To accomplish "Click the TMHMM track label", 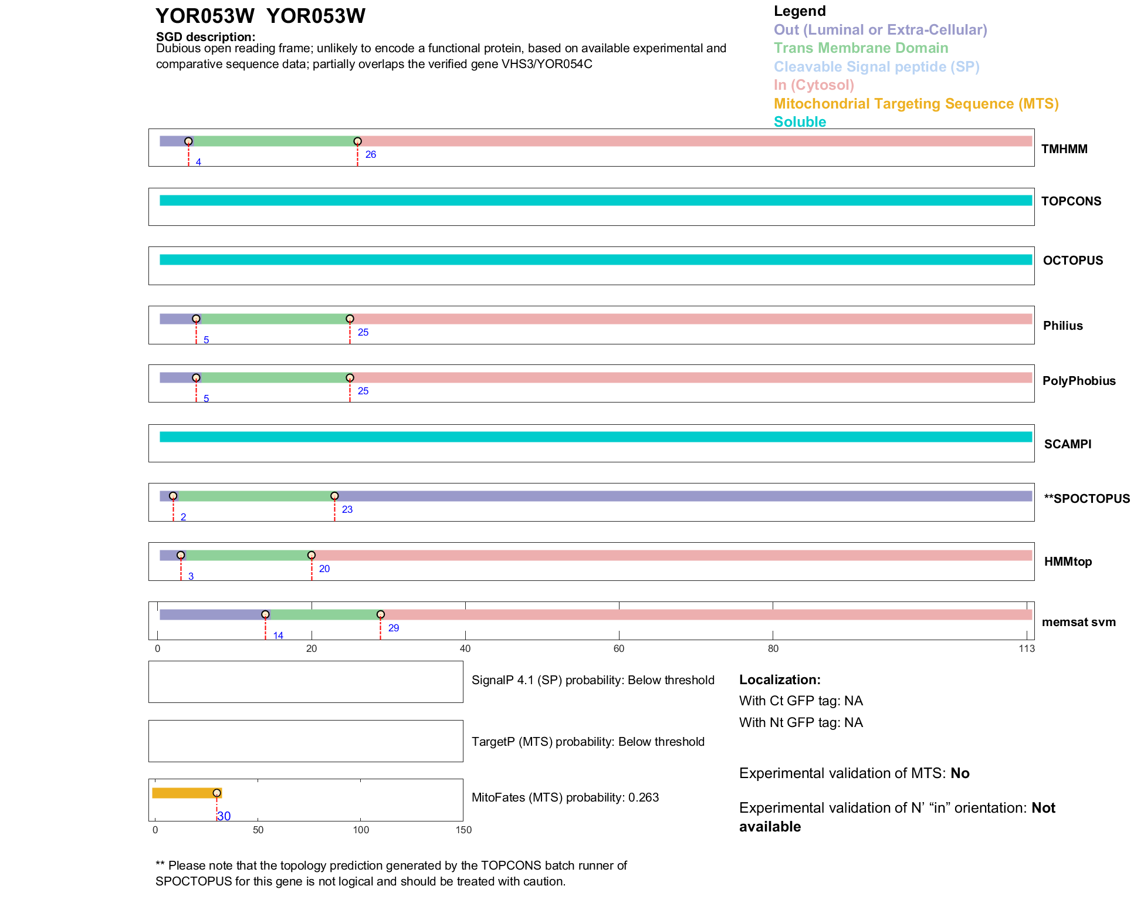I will [1064, 149].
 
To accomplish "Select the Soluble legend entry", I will [800, 122].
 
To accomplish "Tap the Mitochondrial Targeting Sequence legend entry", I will [916, 104].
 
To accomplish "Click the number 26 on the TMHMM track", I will [371, 155].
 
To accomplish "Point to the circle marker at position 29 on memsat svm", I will [381, 614].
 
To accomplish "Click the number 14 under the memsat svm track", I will [278, 635].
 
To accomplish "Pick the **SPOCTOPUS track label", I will [1087, 499].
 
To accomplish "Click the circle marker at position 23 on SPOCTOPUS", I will [334, 496].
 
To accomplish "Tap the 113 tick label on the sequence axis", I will [1027, 648].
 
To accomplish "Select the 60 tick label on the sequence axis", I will [619, 648].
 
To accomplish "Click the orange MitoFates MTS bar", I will [185, 793].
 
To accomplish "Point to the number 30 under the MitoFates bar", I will [224, 816].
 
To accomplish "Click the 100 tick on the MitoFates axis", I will [361, 830].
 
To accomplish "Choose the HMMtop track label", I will [1068, 562].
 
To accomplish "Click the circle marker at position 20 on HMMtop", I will [312, 555].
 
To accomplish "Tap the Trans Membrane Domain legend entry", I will [861, 48].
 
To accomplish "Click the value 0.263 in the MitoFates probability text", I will [644, 797].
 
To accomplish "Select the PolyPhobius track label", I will [1079, 381].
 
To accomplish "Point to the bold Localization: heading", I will [780, 679].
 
